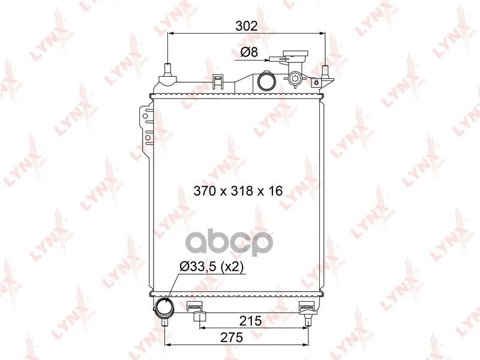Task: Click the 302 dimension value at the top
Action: (247, 26)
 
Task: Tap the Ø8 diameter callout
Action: (249, 52)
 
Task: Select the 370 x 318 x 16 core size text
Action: (238, 191)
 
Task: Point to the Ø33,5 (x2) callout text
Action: (212, 267)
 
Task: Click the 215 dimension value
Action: (250, 321)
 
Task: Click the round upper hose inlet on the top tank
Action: (266, 80)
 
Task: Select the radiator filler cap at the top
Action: (295, 56)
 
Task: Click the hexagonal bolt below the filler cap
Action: (295, 79)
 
